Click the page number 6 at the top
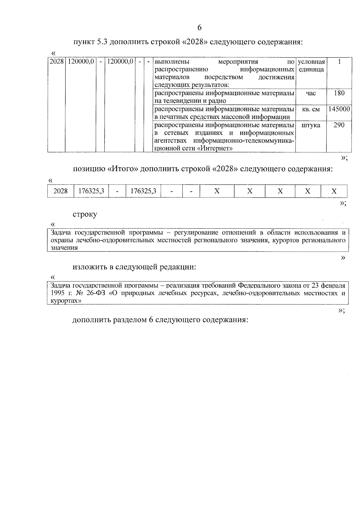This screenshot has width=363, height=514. pyautogui.click(x=199, y=28)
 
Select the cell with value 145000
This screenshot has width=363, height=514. pyautogui.click(x=339, y=109)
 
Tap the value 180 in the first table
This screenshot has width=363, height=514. pyautogui.click(x=339, y=93)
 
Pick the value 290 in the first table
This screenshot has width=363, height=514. pyautogui.click(x=339, y=125)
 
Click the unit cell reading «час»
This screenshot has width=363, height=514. pyautogui.click(x=311, y=93)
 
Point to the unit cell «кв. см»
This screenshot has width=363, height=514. pyautogui.click(x=311, y=109)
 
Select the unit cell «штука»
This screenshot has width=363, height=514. pyautogui.click(x=311, y=125)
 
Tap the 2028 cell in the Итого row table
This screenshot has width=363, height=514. pyautogui.click(x=60, y=191)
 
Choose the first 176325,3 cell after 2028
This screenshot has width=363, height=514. pyautogui.click(x=91, y=191)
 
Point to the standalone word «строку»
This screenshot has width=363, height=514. pyautogui.click(x=85, y=214)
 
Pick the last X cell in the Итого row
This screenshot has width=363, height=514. pyautogui.click(x=334, y=191)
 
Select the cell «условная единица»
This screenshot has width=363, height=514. pyautogui.click(x=311, y=66)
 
